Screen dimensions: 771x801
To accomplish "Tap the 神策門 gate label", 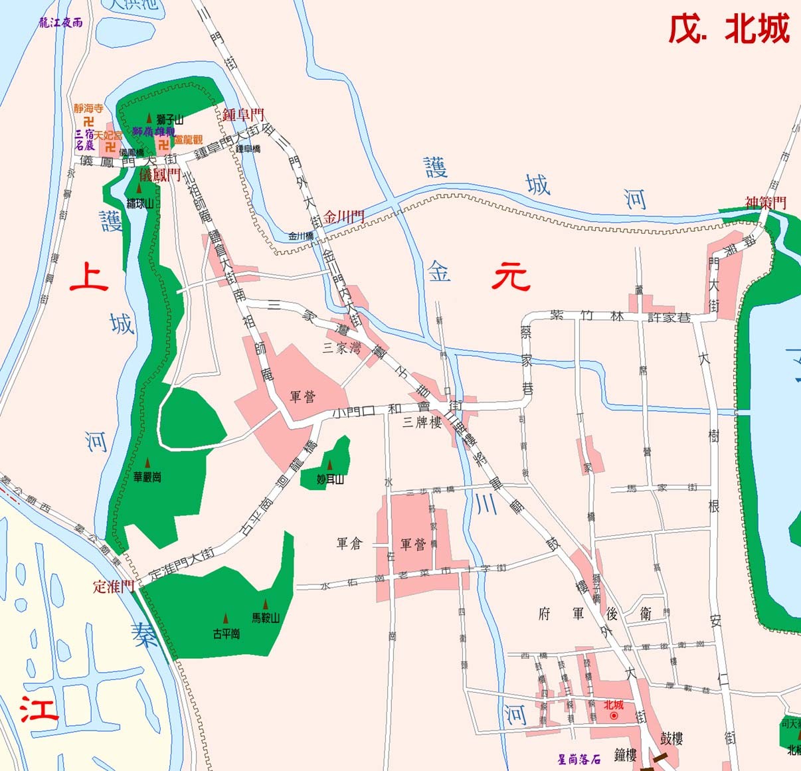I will pyautogui.click(x=765, y=202).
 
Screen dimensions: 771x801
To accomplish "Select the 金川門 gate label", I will pyautogui.click(x=344, y=216).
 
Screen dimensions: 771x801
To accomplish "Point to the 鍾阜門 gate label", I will pyautogui.click(x=243, y=114).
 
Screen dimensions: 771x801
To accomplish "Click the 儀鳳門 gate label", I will pyautogui.click(x=160, y=175).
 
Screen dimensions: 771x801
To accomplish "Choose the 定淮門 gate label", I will pyautogui.click(x=114, y=586).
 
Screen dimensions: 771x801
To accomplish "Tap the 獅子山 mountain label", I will pyautogui.click(x=169, y=120).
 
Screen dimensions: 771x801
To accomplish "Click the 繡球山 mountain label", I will pyautogui.click(x=140, y=203).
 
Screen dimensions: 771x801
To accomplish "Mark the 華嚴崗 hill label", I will pyautogui.click(x=147, y=477).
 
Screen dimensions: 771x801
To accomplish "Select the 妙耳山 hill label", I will pyautogui.click(x=330, y=479).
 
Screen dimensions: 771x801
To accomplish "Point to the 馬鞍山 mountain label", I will pyautogui.click(x=266, y=618).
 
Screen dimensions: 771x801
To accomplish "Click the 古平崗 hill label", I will pyautogui.click(x=226, y=634).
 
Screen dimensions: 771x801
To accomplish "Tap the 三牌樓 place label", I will pyautogui.click(x=422, y=423).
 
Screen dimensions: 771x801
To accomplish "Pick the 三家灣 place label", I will pyautogui.click(x=341, y=347).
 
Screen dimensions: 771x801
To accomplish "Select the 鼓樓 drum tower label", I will pyautogui.click(x=671, y=738).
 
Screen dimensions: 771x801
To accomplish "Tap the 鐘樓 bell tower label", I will pyautogui.click(x=626, y=754).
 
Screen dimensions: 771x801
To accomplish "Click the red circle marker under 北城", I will pyautogui.click(x=614, y=717).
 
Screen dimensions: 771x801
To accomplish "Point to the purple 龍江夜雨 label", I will pyautogui.click(x=60, y=22).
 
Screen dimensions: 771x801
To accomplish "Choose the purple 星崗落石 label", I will pyautogui.click(x=579, y=758).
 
